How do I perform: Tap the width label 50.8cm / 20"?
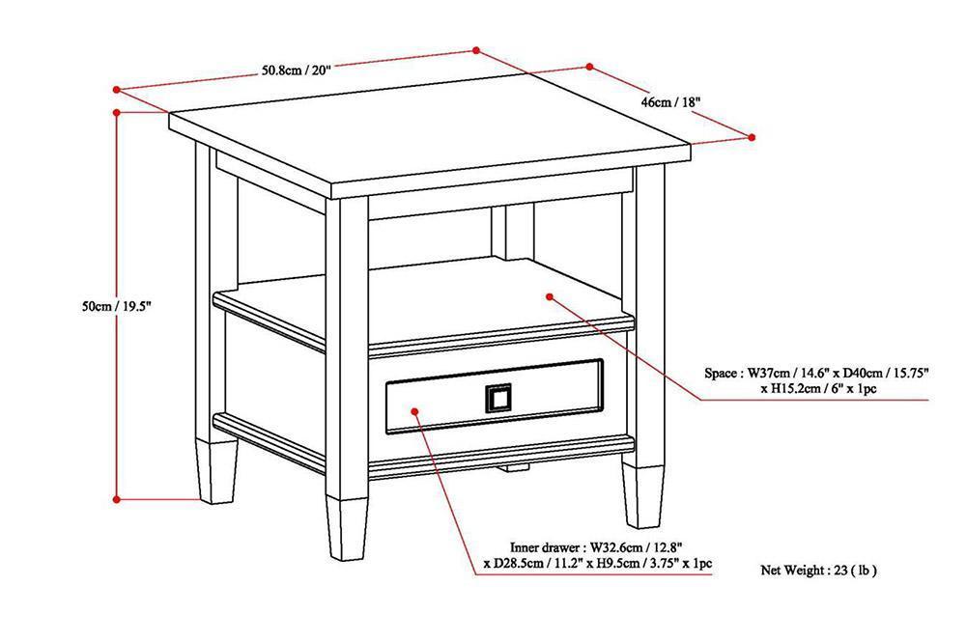tap(297, 70)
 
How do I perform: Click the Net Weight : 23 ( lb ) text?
tap(818, 571)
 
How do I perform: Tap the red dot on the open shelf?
tap(548, 295)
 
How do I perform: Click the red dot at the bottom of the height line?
tap(117, 499)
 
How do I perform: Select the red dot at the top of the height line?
tap(117, 113)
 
